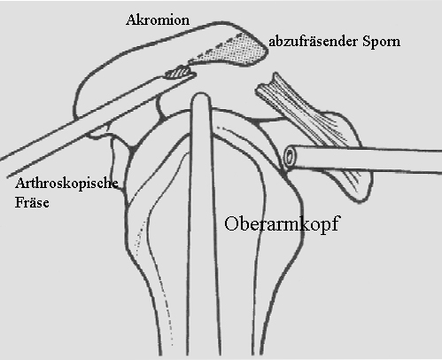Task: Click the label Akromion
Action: (158, 20)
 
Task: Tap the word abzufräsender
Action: (314, 42)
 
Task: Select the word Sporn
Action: (382, 42)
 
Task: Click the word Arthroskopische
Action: (66, 184)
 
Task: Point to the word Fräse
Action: (32, 202)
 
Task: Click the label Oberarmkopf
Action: (281, 224)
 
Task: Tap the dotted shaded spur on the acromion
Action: (233, 51)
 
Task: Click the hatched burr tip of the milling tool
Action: (177, 74)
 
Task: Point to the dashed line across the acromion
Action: (218, 47)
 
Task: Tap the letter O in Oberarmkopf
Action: (231, 223)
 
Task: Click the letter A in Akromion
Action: (131, 20)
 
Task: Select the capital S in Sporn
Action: (367, 42)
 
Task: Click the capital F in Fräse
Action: (19, 202)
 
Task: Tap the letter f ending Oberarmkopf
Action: (334, 223)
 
